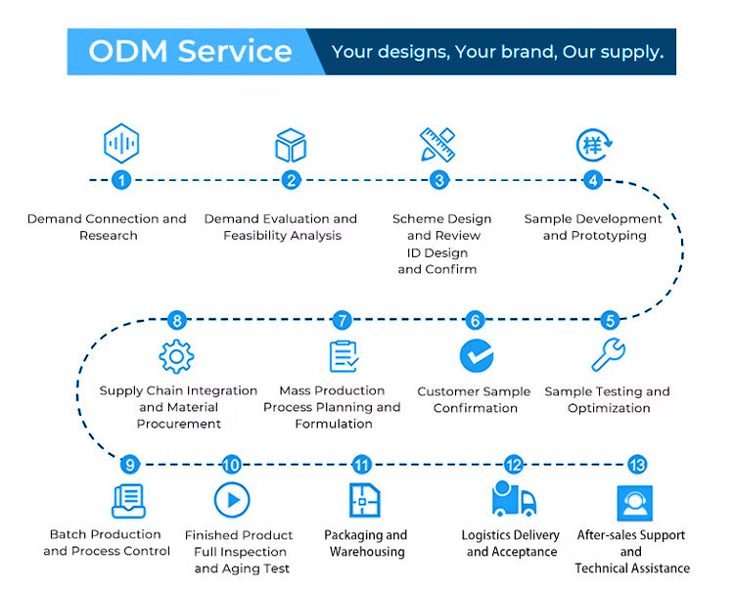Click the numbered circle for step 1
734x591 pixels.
(x=121, y=180)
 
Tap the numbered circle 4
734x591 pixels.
(x=593, y=180)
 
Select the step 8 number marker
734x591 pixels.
(x=177, y=321)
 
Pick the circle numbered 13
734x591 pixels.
(x=637, y=465)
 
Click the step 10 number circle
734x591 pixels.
(x=231, y=465)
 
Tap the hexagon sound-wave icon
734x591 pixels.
(x=121, y=143)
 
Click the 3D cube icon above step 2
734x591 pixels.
(x=291, y=145)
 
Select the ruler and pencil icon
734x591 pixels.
(x=437, y=145)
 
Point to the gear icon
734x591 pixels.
(x=176, y=356)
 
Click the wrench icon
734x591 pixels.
(x=608, y=354)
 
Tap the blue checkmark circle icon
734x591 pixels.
(x=477, y=355)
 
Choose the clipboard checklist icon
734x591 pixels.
(x=344, y=356)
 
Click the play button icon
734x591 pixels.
(x=232, y=500)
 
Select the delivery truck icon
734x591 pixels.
(x=514, y=498)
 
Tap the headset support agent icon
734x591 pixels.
(x=635, y=503)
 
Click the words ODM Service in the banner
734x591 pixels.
(x=190, y=51)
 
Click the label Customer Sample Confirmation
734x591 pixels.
(x=475, y=399)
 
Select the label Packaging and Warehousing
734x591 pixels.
(x=366, y=543)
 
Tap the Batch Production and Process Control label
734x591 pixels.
(x=107, y=542)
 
